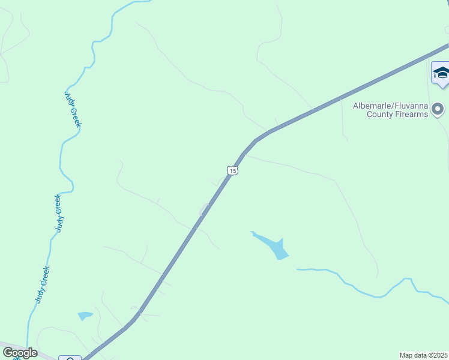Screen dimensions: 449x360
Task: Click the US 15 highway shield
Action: click(x=233, y=171)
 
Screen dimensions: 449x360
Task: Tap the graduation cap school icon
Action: click(x=441, y=73)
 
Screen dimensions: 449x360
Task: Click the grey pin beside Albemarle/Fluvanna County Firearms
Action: click(x=438, y=109)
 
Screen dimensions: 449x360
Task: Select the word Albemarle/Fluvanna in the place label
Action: click(x=390, y=106)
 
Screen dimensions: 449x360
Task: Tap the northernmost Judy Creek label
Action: click(x=73, y=109)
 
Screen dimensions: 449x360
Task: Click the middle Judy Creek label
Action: click(x=58, y=213)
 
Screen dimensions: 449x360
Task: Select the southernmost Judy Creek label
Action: click(x=41, y=284)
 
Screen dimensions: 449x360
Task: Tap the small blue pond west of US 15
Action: click(x=85, y=315)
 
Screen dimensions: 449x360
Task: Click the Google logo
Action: click(x=20, y=353)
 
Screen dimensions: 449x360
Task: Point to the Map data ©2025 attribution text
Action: click(x=424, y=355)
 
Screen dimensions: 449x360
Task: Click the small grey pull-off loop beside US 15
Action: click(x=204, y=209)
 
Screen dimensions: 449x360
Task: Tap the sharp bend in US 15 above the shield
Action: click(x=256, y=141)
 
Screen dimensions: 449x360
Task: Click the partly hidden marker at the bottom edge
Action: click(x=70, y=358)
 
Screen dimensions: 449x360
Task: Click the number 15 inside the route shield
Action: click(x=233, y=171)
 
